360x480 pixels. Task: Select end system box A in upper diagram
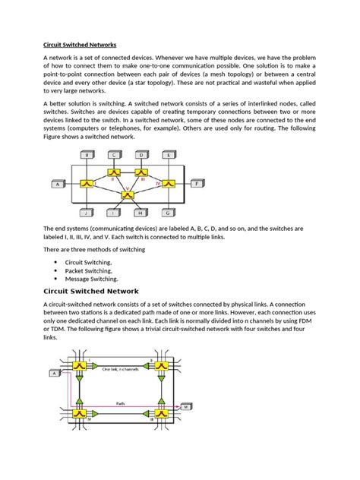[x=57, y=184]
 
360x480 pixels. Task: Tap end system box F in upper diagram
[x=196, y=184]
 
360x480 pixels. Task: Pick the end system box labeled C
[x=114, y=154]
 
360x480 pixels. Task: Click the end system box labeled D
[x=141, y=154]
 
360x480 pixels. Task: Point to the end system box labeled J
[x=87, y=213]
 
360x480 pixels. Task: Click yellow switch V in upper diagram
[x=127, y=195]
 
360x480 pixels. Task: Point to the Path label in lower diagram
[x=121, y=403]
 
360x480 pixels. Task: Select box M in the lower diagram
[x=185, y=408]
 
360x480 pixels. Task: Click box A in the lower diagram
[x=55, y=373]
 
